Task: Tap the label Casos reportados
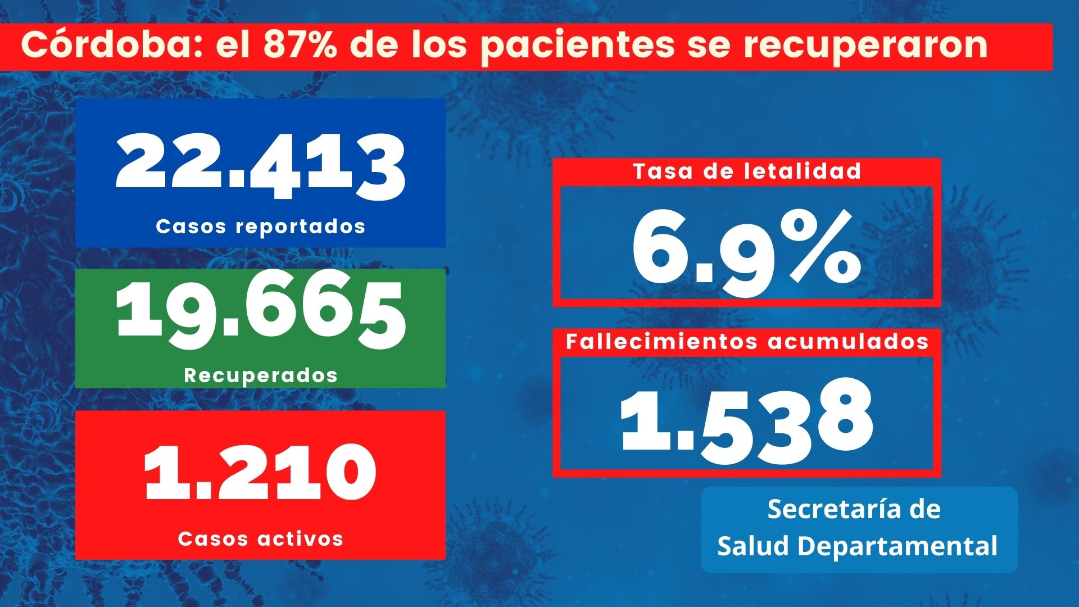261,227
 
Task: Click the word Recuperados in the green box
261,375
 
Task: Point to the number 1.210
260,472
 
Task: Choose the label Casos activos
261,539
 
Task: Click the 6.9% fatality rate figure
746,247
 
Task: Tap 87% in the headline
300,45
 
